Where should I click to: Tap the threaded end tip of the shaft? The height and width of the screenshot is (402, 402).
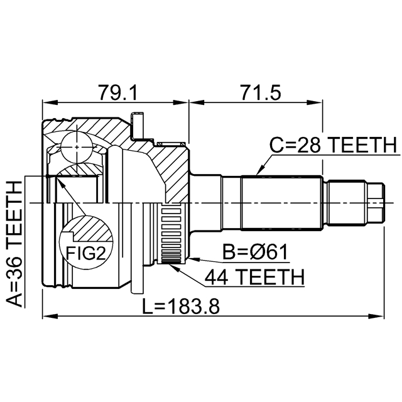(x=376, y=202)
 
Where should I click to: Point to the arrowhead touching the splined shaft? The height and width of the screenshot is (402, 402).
(x=258, y=173)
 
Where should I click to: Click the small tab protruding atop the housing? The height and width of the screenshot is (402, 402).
(x=139, y=122)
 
